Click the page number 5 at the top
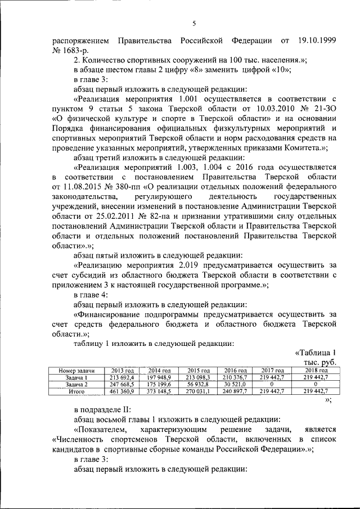pos(193,23)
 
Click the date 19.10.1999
pos(317,41)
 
